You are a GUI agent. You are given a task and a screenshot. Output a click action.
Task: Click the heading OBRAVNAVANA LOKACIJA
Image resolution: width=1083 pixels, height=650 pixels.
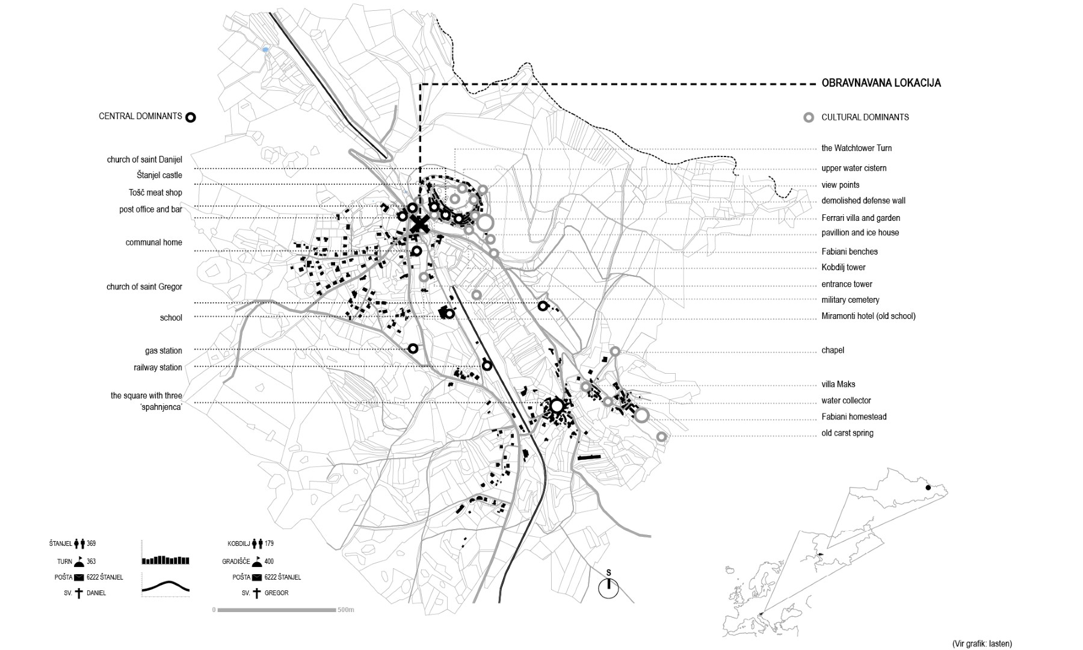881,83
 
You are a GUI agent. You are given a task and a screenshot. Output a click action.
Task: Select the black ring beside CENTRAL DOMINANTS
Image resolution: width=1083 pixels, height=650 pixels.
191,117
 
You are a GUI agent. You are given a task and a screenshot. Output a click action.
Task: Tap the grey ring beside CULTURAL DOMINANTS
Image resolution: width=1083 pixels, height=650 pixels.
809,117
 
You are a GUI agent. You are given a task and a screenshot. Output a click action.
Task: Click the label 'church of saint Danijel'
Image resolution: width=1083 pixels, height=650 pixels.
144,159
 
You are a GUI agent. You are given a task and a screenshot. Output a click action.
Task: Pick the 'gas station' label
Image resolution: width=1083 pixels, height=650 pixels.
163,350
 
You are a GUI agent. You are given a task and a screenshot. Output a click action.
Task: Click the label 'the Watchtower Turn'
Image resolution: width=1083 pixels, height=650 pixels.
857,148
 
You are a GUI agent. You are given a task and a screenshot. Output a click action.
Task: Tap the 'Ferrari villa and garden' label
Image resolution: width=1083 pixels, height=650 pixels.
860,218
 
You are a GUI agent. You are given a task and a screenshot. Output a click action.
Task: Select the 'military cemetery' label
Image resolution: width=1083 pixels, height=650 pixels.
850,300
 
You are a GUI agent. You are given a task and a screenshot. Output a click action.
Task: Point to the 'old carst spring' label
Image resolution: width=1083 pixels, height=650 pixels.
847,433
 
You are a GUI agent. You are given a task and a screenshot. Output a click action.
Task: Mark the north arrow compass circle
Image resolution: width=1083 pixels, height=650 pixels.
608,588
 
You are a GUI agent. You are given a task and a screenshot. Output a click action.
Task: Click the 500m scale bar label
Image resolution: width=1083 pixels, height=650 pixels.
346,610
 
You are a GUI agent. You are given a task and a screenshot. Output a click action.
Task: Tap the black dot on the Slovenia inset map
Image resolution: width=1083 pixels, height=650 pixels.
928,487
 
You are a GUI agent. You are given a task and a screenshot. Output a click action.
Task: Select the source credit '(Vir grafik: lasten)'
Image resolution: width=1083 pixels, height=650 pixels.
982,643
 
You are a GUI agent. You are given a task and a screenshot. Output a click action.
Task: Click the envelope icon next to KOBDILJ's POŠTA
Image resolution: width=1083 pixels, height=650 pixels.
257,577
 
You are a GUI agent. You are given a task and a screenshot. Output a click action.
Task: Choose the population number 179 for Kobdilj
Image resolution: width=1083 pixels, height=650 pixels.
269,543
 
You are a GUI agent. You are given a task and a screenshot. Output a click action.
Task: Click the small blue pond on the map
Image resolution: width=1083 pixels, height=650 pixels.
265,49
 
